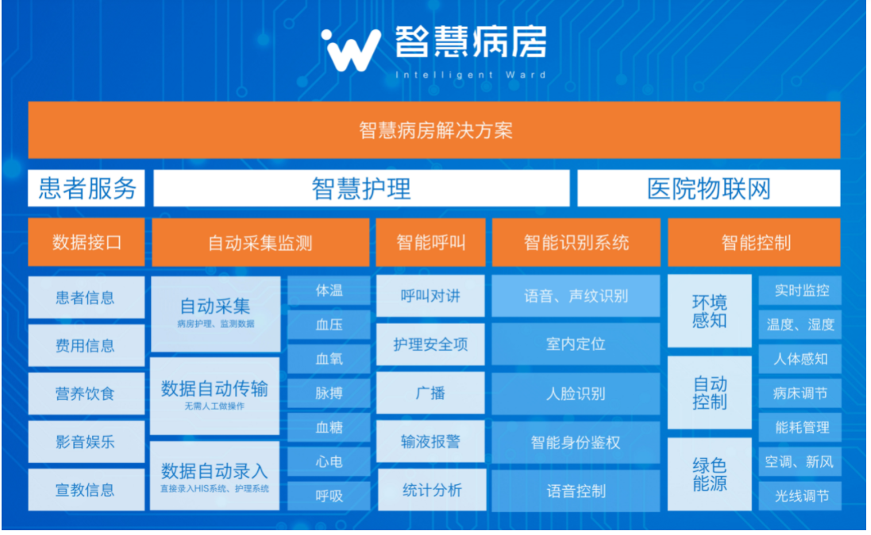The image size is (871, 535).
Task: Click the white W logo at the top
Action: click(x=352, y=51)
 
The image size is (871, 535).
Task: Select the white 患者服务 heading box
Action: click(x=87, y=188)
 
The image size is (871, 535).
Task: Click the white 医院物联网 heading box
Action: click(x=708, y=188)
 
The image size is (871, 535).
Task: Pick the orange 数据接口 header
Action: click(x=87, y=242)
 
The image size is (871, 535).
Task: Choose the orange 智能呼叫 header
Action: click(x=430, y=242)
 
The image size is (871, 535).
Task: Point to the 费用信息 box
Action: click(x=86, y=345)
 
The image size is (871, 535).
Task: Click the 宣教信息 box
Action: click(x=86, y=490)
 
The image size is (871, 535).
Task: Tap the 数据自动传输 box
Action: click(x=215, y=395)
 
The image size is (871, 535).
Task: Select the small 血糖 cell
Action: click(x=329, y=427)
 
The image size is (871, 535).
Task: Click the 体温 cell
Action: click(x=329, y=290)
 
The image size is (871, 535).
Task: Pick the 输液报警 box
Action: click(x=430, y=441)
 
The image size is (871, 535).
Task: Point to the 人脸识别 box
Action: click(x=576, y=394)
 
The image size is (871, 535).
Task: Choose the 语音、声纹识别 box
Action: click(x=576, y=295)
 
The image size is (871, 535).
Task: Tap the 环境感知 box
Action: click(x=709, y=311)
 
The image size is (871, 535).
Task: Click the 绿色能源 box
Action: click(x=709, y=474)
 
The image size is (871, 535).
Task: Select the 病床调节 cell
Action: click(x=800, y=394)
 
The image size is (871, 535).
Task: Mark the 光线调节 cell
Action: click(x=800, y=495)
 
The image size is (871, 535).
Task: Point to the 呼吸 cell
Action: click(x=329, y=495)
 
